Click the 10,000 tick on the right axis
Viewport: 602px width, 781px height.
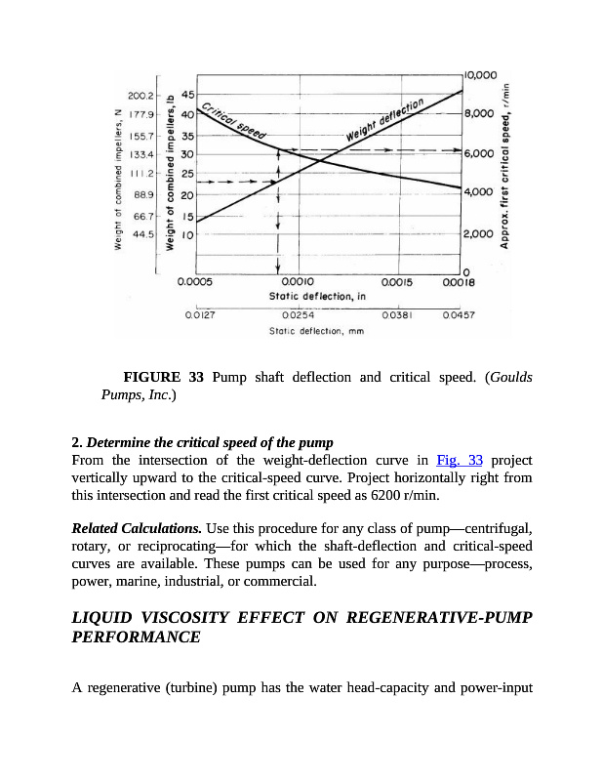(x=481, y=74)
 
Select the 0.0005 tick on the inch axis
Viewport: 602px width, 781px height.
(x=194, y=280)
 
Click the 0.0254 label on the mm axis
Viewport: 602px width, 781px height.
(x=297, y=315)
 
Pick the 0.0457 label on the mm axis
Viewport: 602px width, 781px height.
(x=458, y=315)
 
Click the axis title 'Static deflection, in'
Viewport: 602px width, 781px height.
(x=317, y=294)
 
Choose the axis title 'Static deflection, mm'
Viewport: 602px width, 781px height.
(x=315, y=331)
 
